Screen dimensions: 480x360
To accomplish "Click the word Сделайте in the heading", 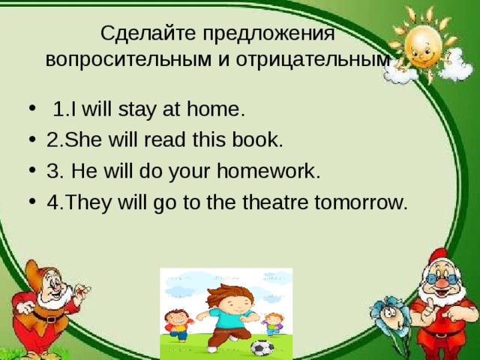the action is point(148,33).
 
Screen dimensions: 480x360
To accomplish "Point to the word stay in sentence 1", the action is point(136,109).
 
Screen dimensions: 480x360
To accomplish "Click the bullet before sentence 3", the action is point(32,169).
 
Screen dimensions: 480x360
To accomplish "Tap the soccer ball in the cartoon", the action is point(262,348).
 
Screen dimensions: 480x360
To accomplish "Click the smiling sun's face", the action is point(423,46).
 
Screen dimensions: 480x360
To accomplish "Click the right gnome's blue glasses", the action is point(442,278).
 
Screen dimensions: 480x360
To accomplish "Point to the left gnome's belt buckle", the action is point(51,319).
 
